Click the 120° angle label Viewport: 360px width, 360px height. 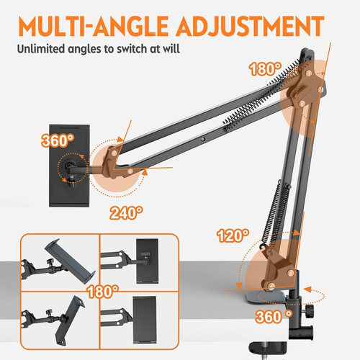234,235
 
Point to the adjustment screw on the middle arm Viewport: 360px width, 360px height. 204,137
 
